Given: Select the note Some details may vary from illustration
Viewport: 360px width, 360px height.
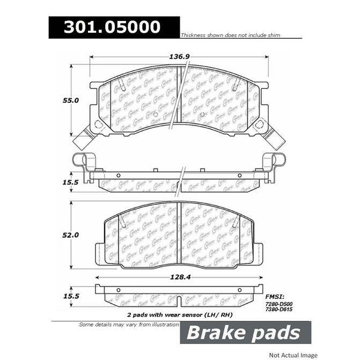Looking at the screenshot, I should pos(129,325).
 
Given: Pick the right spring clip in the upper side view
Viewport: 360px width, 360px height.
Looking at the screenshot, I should pos(273,161).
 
